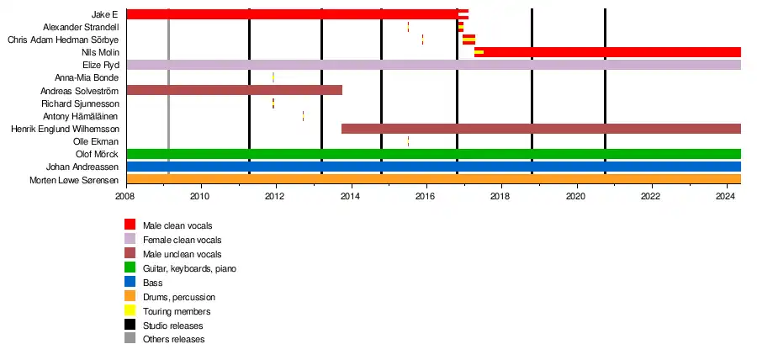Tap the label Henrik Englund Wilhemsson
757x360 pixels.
[65, 129]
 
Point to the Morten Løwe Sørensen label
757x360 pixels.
[74, 180]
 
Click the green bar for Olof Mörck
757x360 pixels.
[433, 154]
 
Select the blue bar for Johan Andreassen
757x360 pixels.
[433, 167]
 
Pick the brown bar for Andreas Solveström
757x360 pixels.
[234, 90]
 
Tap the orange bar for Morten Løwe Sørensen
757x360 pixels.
[433, 179]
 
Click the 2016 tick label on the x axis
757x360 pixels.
[426, 197]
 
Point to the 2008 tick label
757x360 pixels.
[125, 197]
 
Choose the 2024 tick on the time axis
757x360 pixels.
[726, 197]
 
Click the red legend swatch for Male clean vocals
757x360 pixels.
[130, 225]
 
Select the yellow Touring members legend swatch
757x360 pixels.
[130, 311]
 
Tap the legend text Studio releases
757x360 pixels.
[172, 326]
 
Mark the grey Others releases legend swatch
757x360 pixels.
[130, 339]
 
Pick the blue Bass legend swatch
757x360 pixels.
[130, 283]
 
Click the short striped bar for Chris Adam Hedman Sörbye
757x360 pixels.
[468, 40]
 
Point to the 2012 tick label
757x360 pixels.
[275, 197]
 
